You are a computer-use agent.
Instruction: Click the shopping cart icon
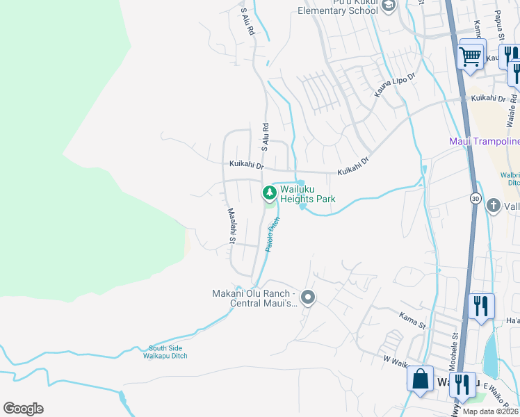pyautogui.click(x=471, y=56)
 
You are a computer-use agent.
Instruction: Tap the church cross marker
pyautogui.click(x=493, y=205)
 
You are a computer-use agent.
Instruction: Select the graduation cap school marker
pyautogui.click(x=389, y=7)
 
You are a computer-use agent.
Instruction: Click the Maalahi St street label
pyautogui.click(x=230, y=226)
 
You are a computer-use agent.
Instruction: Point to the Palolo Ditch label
pyautogui.click(x=272, y=234)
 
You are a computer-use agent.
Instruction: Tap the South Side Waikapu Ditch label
pyautogui.click(x=168, y=352)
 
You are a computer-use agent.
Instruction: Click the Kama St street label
pyautogui.click(x=412, y=320)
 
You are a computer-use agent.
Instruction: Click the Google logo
pyautogui.click(x=23, y=409)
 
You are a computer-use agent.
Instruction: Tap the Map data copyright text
pyautogui.click(x=491, y=411)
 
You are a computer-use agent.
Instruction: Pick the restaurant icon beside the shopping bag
pyautogui.click(x=461, y=383)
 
